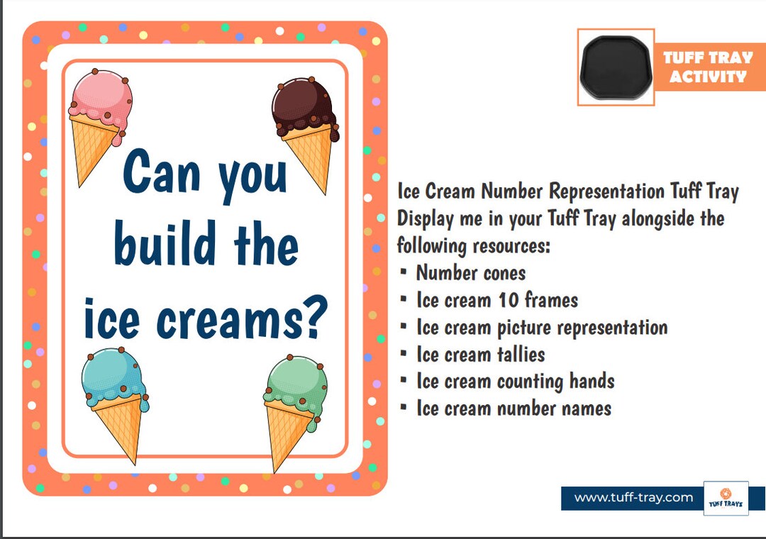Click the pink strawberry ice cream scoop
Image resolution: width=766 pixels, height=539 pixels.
tap(101, 100)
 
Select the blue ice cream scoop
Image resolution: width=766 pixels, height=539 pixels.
tap(112, 375)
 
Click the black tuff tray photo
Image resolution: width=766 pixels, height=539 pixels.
tap(616, 67)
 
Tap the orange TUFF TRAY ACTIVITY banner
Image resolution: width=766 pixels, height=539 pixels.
tap(708, 67)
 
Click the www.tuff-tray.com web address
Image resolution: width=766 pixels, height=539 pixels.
tap(633, 498)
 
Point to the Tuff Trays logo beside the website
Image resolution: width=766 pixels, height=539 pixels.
tap(725, 499)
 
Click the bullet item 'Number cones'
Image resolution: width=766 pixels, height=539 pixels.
tap(471, 273)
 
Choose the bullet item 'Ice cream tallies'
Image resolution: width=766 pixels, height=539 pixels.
tap(481, 354)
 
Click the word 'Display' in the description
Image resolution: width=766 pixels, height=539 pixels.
tap(423, 218)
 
